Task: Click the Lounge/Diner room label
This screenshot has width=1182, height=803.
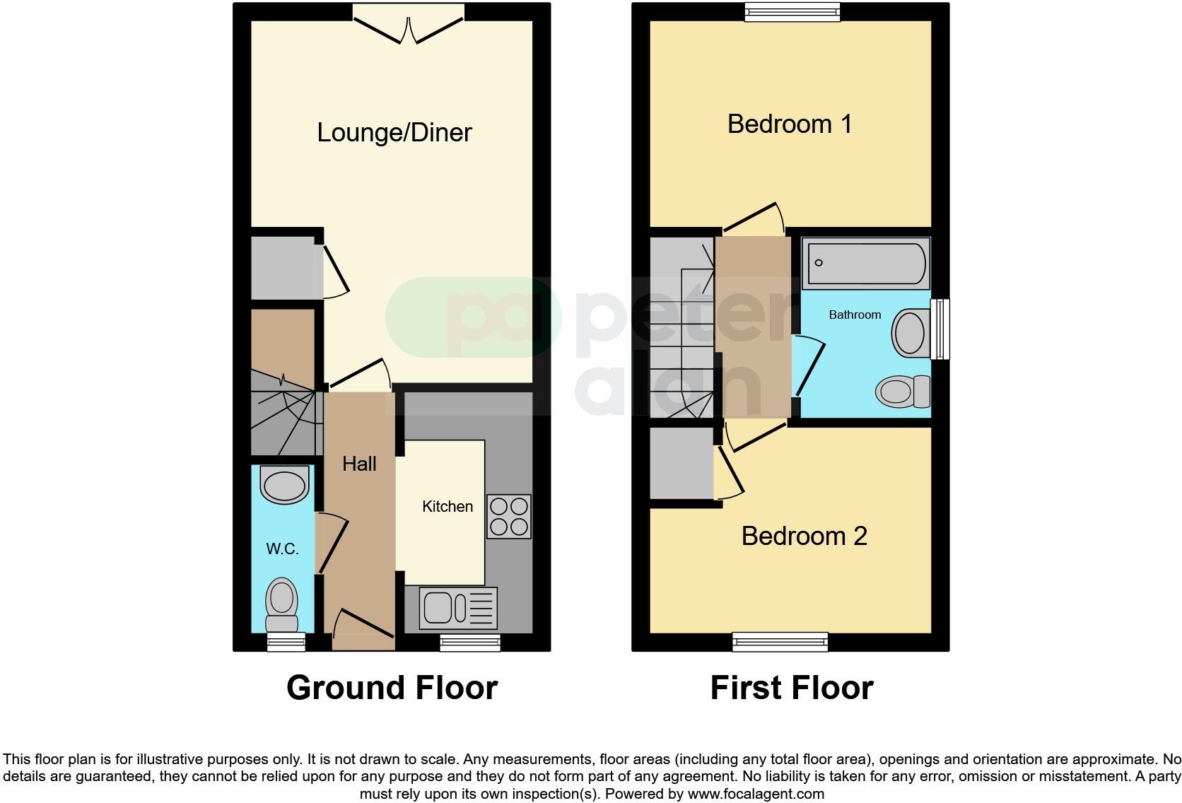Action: [x=394, y=133]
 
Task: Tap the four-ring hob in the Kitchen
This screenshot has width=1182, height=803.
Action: [x=508, y=517]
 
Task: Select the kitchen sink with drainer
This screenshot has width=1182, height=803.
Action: [x=458, y=608]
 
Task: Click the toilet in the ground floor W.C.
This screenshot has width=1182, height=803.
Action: [x=281, y=605]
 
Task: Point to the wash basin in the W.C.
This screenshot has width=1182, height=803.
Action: [x=285, y=484]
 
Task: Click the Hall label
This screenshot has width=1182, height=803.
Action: [x=359, y=464]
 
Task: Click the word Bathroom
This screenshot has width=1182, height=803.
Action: [x=855, y=315]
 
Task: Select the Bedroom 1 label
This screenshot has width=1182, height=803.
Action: [x=790, y=124]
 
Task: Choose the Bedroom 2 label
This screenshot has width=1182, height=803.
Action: [x=804, y=537]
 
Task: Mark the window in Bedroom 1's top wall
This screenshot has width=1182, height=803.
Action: [x=792, y=11]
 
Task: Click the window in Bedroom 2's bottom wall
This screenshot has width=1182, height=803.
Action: [x=780, y=642]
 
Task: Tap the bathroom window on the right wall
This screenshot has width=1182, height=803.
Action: [x=940, y=329]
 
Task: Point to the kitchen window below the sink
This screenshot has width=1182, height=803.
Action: [x=470, y=642]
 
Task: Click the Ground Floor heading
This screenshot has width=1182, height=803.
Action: [x=392, y=688]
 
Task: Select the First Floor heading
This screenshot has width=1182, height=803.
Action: [x=791, y=688]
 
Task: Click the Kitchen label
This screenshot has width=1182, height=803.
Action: [x=447, y=507]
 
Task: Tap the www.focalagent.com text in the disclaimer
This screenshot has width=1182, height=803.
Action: [x=755, y=794]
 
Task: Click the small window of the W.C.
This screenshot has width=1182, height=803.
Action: [x=286, y=642]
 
